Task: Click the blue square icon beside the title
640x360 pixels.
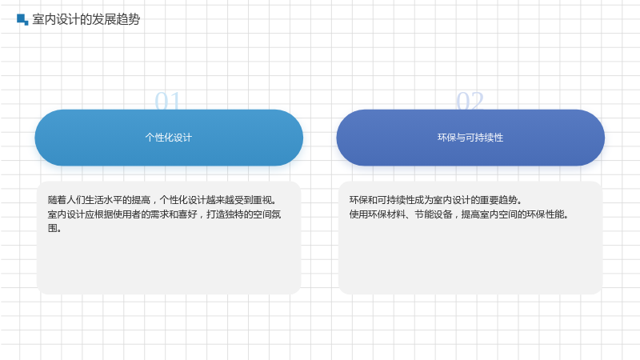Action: (x=22, y=19)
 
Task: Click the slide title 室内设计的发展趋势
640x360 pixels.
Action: (x=86, y=19)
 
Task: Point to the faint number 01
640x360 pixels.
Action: (x=168, y=101)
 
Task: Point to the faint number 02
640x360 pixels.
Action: (x=470, y=101)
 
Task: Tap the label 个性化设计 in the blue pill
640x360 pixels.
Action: (x=169, y=138)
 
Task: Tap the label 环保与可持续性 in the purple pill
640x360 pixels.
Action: (x=470, y=138)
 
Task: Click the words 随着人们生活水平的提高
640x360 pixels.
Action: (x=99, y=200)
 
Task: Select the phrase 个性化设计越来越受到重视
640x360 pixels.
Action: (x=218, y=200)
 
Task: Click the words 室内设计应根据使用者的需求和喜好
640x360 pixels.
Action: (x=122, y=214)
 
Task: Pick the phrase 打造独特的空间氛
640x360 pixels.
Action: (x=244, y=214)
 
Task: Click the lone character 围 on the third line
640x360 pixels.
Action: (x=52, y=228)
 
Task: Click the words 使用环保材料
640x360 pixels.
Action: (x=378, y=214)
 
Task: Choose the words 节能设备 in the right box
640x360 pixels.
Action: (x=434, y=214)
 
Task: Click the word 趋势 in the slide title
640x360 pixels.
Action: (x=128, y=19)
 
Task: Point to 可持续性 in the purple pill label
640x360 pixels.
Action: (x=484, y=138)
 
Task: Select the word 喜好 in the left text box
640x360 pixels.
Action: (x=188, y=214)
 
